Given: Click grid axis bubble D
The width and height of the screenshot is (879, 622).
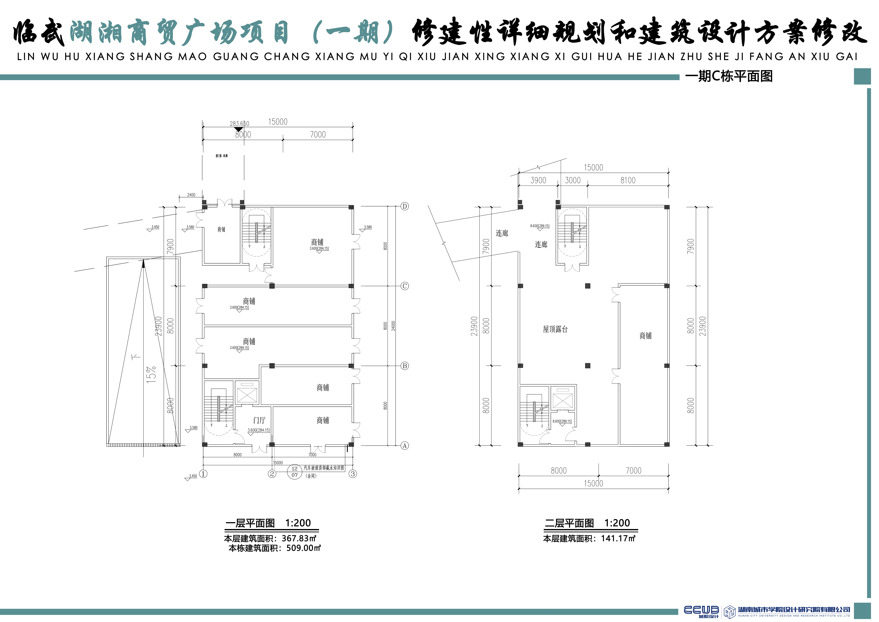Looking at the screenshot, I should pos(405,206).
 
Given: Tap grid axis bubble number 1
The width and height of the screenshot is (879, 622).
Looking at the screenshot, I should pos(203,474).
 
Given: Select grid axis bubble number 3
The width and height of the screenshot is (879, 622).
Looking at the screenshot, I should pos(353,474).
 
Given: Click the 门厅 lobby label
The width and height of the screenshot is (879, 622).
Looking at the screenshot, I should pos(259,421).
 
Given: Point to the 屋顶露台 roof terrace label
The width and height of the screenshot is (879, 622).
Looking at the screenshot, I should pos(555,329).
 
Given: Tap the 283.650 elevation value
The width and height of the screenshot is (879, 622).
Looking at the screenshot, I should pos(239,124).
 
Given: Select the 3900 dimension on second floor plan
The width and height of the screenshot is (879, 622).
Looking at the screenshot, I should pos(538,180).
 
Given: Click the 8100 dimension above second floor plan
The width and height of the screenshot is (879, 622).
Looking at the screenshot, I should pos(628,180).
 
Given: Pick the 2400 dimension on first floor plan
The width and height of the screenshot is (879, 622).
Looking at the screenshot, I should pos(191,195).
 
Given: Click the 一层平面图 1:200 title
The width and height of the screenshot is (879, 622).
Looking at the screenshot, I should pos(268,523).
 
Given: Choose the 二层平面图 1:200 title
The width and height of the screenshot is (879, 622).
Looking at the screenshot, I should pos(587,523).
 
